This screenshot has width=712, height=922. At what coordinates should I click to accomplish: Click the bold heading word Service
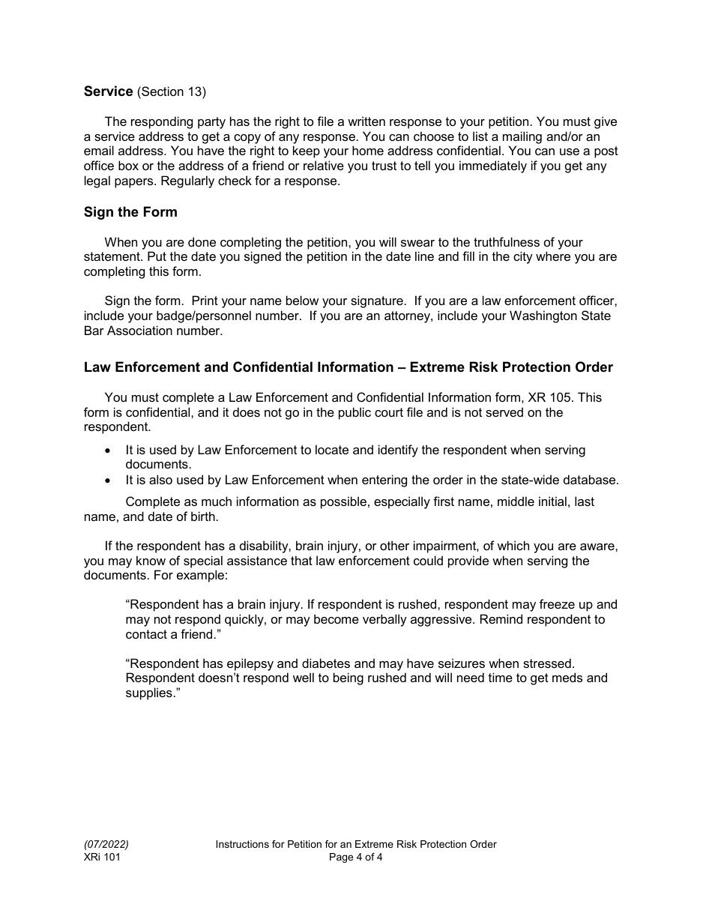(x=109, y=91)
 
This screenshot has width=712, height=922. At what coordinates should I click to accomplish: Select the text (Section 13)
(x=172, y=91)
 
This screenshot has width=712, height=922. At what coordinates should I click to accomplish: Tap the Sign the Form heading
(x=130, y=212)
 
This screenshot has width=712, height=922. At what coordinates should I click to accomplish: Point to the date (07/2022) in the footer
(x=100, y=844)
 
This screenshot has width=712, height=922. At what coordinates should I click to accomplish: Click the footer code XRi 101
(x=102, y=858)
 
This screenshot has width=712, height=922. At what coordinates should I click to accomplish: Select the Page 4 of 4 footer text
(x=355, y=858)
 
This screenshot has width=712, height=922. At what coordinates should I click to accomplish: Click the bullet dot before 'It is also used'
(x=109, y=480)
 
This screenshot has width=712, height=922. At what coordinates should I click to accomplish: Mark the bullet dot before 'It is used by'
(x=109, y=451)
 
